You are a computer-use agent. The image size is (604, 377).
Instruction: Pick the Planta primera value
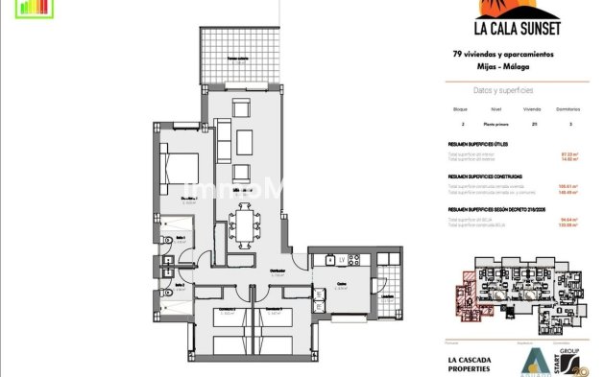pyautogui.click(x=496, y=125)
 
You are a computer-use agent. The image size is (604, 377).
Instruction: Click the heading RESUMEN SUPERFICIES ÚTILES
pyautogui.click(x=477, y=145)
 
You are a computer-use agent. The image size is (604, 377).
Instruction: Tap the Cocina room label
pyautogui.click(x=342, y=285)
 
